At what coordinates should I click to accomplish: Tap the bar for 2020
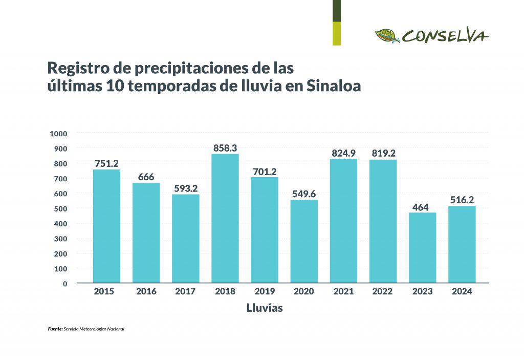pyautogui.click(x=304, y=241)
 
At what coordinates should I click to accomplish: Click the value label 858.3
pyautogui.click(x=225, y=148)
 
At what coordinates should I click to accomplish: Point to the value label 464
pyautogui.click(x=422, y=207)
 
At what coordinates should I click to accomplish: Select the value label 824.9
pyautogui.click(x=343, y=153)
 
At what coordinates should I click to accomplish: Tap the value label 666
pyautogui.click(x=146, y=177)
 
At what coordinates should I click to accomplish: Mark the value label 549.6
pyautogui.click(x=304, y=194)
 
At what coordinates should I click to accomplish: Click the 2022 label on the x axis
pyautogui.click(x=383, y=291)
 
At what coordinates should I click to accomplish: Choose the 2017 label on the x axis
pyautogui.click(x=185, y=291)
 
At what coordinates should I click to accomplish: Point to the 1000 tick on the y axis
pyautogui.click(x=58, y=134)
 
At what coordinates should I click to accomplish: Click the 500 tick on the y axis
pyautogui.click(x=61, y=209)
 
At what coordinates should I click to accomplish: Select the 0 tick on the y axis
pyautogui.click(x=65, y=284)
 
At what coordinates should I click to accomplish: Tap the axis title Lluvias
pyautogui.click(x=265, y=308)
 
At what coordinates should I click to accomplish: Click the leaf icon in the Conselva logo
pyautogui.click(x=387, y=36)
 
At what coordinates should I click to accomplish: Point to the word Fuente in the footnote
pyautogui.click(x=55, y=329)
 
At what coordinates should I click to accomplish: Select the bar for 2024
pyautogui.click(x=462, y=244)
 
